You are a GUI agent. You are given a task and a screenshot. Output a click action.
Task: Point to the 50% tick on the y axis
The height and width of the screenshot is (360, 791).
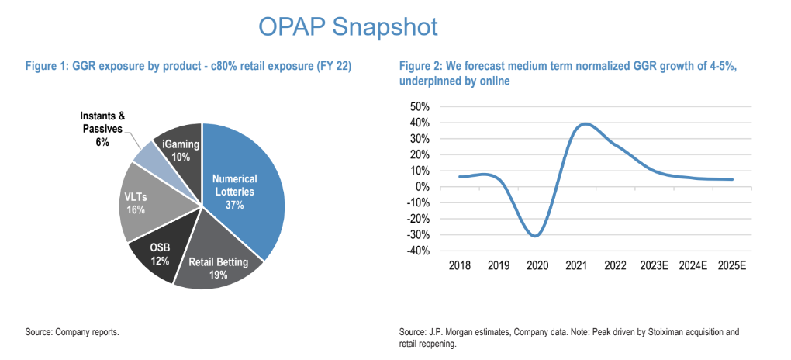(419, 106)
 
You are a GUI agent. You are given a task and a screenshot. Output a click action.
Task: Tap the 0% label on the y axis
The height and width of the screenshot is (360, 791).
(423, 186)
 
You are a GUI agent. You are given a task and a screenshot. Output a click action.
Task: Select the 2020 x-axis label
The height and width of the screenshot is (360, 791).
(537, 265)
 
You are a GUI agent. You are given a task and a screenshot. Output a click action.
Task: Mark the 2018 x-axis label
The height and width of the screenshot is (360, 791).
(460, 265)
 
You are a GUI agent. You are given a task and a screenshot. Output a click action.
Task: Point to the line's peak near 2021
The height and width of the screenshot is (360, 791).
(584, 123)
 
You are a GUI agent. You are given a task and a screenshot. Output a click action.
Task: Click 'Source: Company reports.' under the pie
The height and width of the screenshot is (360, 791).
(71, 332)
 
